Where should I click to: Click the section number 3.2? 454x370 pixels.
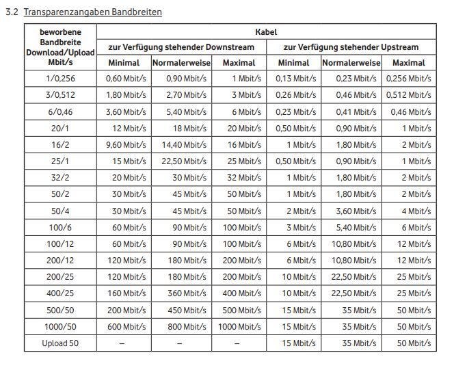12,12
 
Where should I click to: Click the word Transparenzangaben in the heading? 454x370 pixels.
66,12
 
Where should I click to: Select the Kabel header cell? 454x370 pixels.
266,32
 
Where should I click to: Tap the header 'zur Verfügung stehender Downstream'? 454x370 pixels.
181,47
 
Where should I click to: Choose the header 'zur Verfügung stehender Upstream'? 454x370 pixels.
351,47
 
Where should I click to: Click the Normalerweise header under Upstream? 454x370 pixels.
351,63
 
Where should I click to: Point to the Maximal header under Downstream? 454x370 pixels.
239,63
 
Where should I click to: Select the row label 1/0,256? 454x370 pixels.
60,79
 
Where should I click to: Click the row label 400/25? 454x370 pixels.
60,293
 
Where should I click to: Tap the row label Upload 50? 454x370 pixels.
60,343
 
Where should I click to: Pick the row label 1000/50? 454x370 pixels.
60,327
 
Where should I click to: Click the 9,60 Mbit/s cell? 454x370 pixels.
126,145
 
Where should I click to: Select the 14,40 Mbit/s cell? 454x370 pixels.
184,145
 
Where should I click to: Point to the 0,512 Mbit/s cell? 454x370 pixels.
409,95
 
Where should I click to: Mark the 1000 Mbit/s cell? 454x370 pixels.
239,327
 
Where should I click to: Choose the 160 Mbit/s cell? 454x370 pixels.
126,293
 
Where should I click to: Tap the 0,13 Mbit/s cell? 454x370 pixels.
295,79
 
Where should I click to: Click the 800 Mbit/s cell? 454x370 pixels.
187,327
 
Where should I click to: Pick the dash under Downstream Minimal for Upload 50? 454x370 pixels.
122,343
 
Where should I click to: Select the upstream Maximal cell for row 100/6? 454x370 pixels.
416,228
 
